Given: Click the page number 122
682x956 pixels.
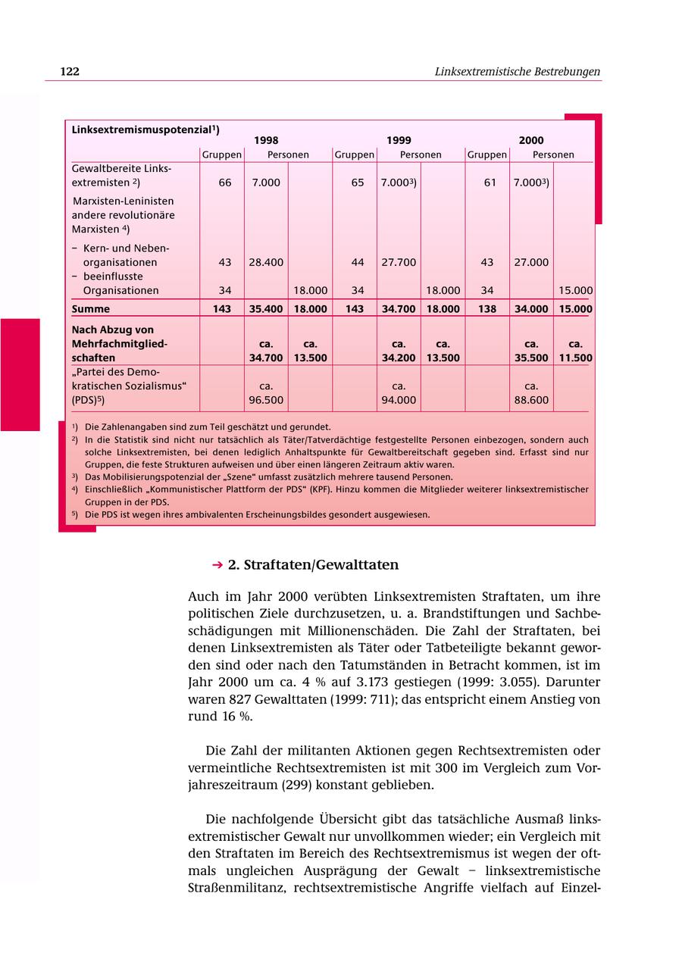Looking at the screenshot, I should pos(70,72).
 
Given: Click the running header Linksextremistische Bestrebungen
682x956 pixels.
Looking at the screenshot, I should pos(517,72).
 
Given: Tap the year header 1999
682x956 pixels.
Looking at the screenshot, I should pos(399,140).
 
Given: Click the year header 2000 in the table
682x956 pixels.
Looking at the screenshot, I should pos(530,140).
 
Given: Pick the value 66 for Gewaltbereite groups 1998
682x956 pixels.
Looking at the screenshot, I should pos(225,183).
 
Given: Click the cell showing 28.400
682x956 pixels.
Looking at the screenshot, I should pos(266,262).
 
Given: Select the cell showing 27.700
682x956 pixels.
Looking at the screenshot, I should pos(399,262).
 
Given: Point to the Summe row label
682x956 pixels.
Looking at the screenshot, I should pos(90,309).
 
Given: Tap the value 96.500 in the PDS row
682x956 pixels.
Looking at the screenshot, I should pos(266,400).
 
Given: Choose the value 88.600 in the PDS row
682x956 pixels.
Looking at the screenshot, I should pos(531,400).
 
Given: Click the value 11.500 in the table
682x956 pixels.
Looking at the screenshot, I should pos(575,358).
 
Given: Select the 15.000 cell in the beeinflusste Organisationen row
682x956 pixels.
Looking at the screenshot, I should pos(575,290).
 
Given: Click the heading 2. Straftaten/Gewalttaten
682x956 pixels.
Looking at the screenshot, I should pos(313,565).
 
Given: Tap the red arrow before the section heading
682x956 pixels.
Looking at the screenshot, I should pos(217,565).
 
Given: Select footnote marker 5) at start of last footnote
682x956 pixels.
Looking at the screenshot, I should pos(75,514).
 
